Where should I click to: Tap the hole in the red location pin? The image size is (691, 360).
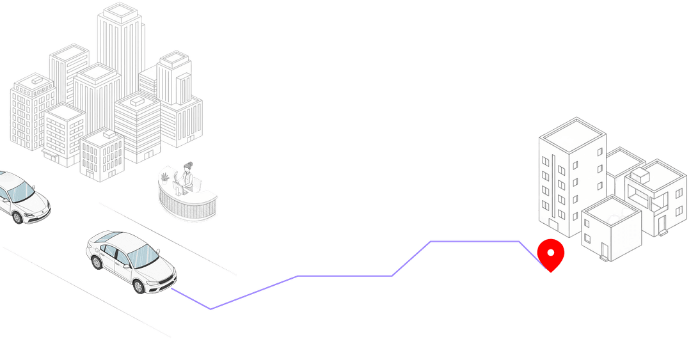[550, 253]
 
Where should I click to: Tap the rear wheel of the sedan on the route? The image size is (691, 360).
[96, 262]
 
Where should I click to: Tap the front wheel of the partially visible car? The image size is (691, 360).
[17, 215]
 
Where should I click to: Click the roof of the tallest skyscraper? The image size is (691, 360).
[121, 11]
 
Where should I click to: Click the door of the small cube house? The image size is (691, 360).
[604, 248]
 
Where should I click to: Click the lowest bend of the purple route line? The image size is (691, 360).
[211, 309]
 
